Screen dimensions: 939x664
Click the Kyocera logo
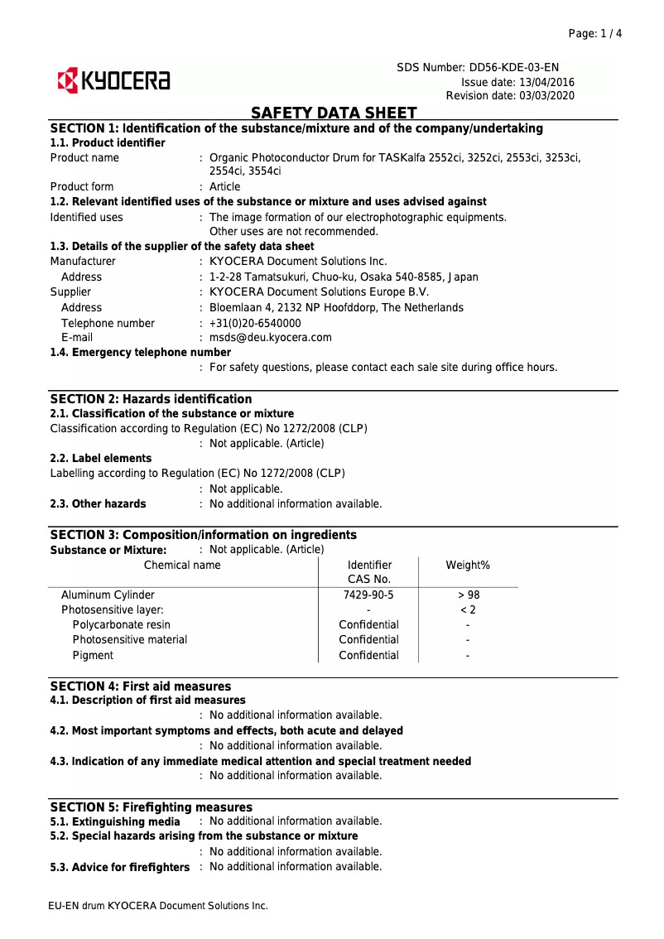(113, 81)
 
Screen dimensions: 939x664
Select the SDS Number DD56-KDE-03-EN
(519, 67)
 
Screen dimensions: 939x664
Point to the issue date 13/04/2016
(546, 82)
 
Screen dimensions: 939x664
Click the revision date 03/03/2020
(546, 96)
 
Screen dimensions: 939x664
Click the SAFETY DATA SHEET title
(334, 113)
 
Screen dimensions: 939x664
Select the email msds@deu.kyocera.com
(271, 337)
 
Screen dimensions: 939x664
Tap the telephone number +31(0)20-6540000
(255, 323)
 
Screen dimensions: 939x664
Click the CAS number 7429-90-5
(368, 595)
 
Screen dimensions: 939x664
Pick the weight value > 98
(468, 595)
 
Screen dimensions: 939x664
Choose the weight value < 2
(468, 609)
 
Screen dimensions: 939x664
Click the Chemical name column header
(182, 565)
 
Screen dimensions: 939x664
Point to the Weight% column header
(468, 565)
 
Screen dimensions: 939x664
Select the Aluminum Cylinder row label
(108, 595)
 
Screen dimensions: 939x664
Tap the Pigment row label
(93, 655)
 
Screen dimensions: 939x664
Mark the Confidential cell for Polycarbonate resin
(368, 624)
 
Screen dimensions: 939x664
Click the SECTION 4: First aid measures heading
(141, 686)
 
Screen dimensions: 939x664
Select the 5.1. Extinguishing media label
(114, 821)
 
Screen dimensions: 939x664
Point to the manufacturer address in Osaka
(344, 277)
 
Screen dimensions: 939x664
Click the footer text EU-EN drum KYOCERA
(158, 906)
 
